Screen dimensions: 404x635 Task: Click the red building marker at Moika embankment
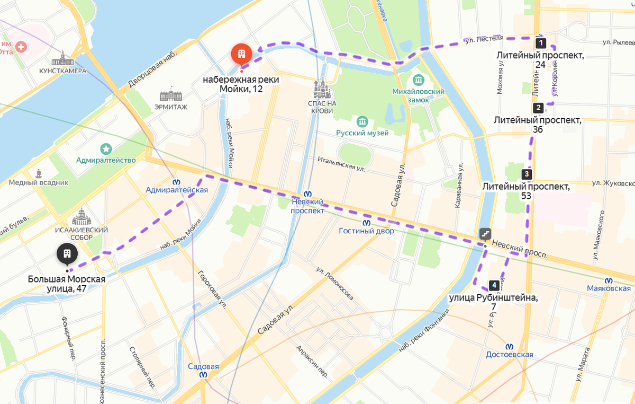[x=241, y=54]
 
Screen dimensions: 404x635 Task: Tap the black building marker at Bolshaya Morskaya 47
[x=67, y=253]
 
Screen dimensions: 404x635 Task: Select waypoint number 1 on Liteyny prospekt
[x=540, y=42]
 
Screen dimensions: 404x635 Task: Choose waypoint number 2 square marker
[x=538, y=108]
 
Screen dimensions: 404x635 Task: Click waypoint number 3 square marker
[x=526, y=174]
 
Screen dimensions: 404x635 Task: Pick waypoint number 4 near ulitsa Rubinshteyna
[x=493, y=285]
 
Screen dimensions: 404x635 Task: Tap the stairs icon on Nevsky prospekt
[x=485, y=233]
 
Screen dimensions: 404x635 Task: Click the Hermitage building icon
[x=171, y=96]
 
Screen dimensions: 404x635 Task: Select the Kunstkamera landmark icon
[x=62, y=58]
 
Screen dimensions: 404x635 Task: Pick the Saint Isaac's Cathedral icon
[x=81, y=217]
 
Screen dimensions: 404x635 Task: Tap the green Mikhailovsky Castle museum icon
[x=419, y=80]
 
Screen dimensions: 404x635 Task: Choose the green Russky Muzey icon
[x=362, y=121]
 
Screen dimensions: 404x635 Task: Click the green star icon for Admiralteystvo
[x=106, y=149]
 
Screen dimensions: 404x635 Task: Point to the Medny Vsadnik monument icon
[x=39, y=173]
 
